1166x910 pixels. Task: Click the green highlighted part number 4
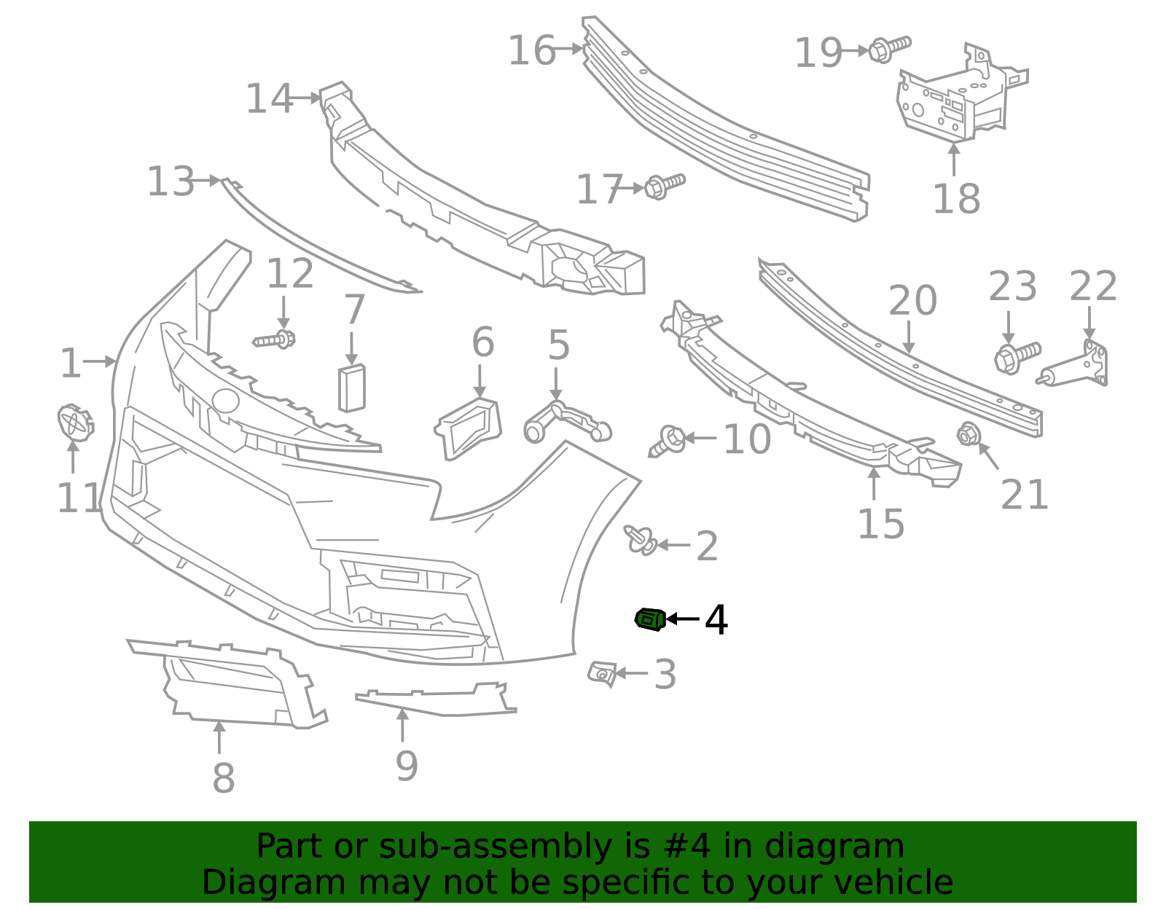click(650, 619)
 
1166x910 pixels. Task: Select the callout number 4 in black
click(716, 620)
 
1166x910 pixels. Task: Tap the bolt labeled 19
click(890, 48)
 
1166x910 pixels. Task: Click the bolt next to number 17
click(665, 185)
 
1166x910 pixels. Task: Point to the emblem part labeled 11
click(74, 423)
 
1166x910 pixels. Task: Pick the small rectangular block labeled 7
click(351, 388)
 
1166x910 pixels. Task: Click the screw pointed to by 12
click(275, 340)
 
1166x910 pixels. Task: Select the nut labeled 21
click(968, 435)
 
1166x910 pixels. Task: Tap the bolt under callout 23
click(1017, 356)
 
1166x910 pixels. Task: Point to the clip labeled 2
click(641, 540)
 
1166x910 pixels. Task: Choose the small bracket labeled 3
click(602, 673)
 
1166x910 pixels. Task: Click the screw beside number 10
click(667, 441)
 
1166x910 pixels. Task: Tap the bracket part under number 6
click(469, 428)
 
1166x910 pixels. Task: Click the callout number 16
click(532, 51)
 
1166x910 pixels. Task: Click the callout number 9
click(407, 766)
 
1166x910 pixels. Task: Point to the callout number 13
click(171, 181)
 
